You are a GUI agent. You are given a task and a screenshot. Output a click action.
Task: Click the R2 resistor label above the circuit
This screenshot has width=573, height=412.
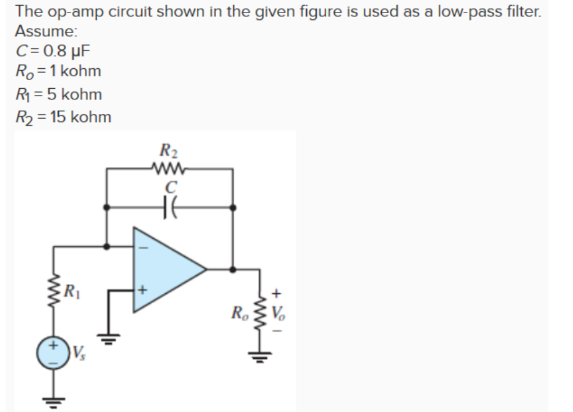(169, 151)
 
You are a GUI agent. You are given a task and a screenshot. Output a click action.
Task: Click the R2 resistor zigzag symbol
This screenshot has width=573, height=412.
(169, 167)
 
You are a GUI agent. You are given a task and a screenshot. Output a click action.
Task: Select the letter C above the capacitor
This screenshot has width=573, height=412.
(170, 186)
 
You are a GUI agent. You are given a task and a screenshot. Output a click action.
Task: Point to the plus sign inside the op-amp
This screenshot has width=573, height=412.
(142, 291)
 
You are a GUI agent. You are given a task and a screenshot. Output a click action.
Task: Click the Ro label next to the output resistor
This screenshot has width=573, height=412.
(239, 311)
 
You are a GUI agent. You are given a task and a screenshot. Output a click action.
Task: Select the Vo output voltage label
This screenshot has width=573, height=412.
(278, 311)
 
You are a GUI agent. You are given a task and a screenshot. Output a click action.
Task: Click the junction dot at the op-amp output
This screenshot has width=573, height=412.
(232, 269)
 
